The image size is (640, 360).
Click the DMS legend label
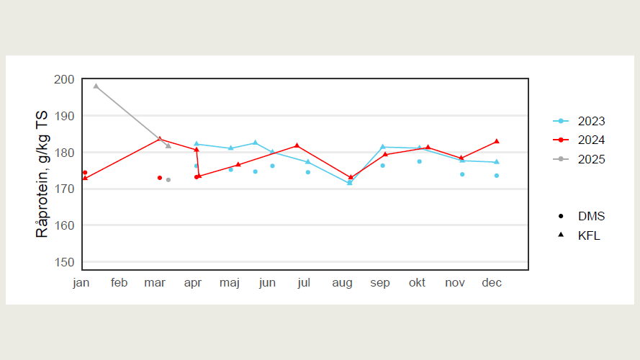(x=591, y=216)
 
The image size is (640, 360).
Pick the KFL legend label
(x=588, y=235)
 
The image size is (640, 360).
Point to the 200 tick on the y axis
(x=63, y=79)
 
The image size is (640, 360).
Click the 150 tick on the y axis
(x=63, y=263)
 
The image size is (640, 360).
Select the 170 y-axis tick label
(x=63, y=189)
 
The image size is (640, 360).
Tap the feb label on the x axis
(x=119, y=283)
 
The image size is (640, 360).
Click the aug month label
(x=342, y=283)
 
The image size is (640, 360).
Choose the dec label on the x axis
(x=491, y=283)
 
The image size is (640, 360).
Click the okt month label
(x=417, y=283)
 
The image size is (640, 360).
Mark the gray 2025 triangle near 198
(x=96, y=86)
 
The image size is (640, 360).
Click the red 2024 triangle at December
(x=497, y=141)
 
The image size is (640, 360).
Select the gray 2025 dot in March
(x=168, y=180)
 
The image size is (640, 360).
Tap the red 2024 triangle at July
(x=297, y=145)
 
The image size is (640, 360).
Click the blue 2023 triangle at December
(x=497, y=162)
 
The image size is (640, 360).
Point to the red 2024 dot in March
(x=160, y=178)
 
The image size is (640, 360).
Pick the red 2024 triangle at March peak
(x=160, y=139)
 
